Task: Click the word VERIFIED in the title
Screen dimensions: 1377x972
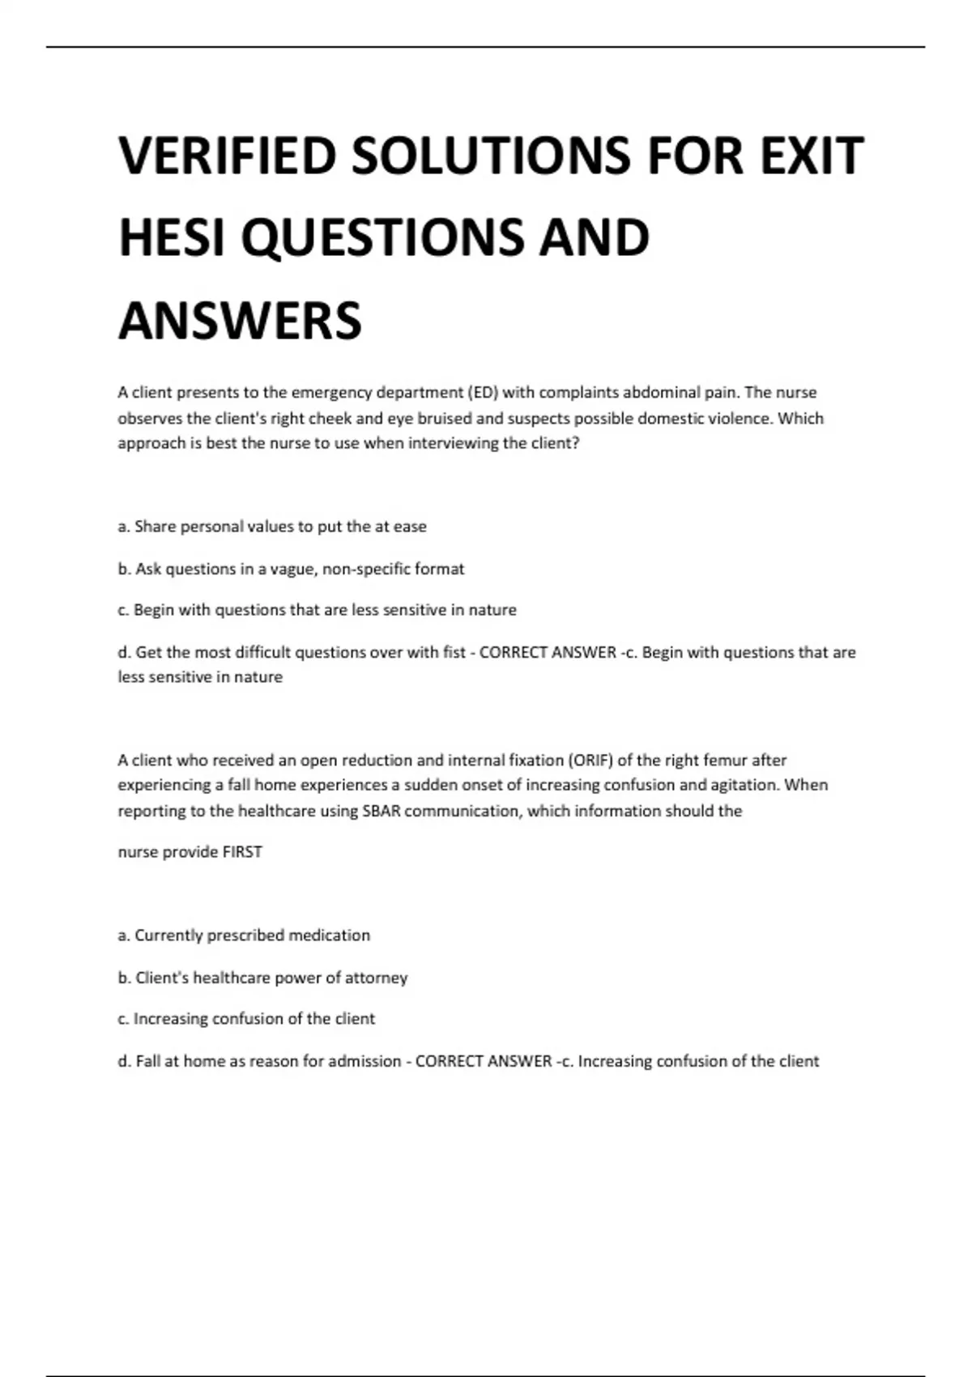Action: [x=226, y=156]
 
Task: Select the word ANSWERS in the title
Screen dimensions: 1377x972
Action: [x=240, y=321]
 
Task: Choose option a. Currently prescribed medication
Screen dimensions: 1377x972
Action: [x=244, y=936]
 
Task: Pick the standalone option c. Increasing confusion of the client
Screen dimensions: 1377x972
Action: [x=246, y=1019]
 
